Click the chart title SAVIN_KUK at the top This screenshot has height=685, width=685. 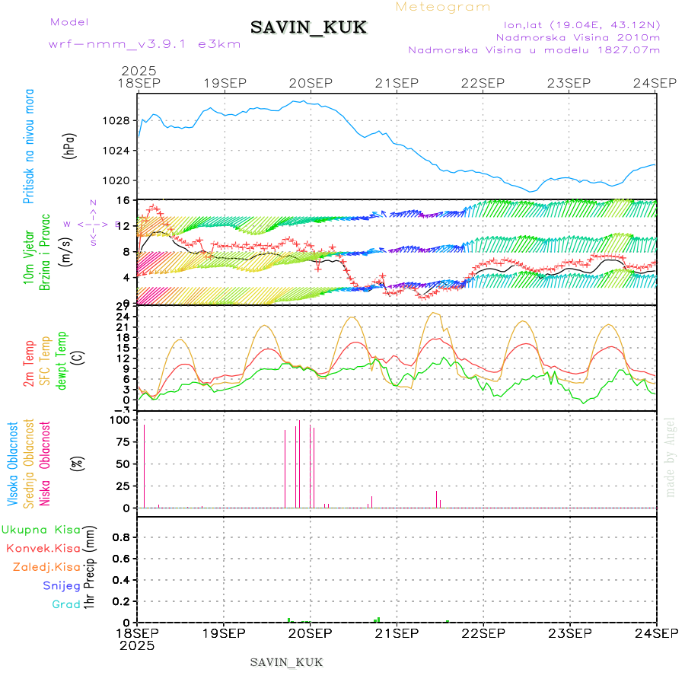click(x=308, y=28)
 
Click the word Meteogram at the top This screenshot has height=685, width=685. click(x=443, y=7)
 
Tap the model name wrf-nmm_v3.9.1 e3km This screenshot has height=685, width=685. click(x=145, y=44)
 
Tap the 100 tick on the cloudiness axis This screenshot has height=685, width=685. click(x=122, y=419)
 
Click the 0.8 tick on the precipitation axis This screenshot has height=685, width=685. click(x=122, y=537)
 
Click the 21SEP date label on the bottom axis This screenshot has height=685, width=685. click(x=397, y=633)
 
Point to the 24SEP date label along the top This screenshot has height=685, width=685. click(x=656, y=83)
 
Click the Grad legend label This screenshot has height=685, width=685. click(x=65, y=604)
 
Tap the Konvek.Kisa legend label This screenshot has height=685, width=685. click(x=43, y=548)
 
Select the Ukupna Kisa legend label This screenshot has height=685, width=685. click(x=41, y=529)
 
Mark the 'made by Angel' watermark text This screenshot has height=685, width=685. click(x=670, y=457)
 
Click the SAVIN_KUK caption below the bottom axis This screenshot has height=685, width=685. click(x=286, y=662)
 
